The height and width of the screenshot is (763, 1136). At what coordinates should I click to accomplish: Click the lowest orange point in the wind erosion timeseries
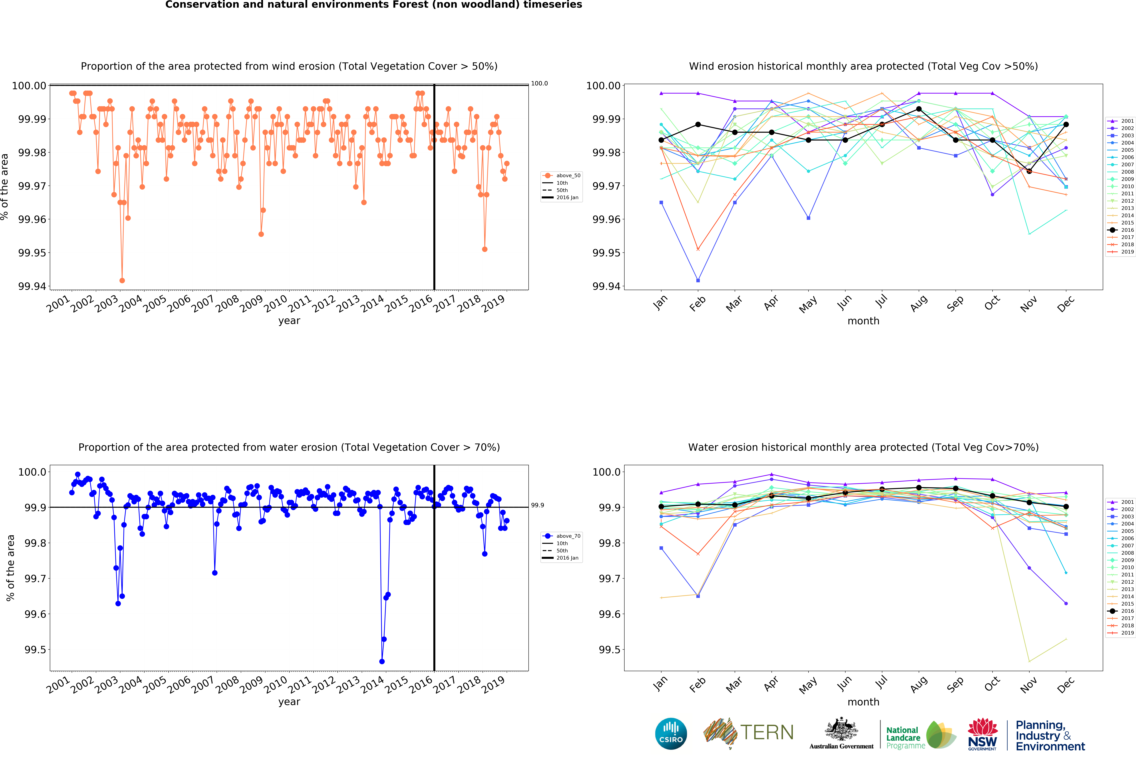click(x=122, y=281)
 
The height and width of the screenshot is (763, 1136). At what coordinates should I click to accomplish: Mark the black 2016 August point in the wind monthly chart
click(x=918, y=109)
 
